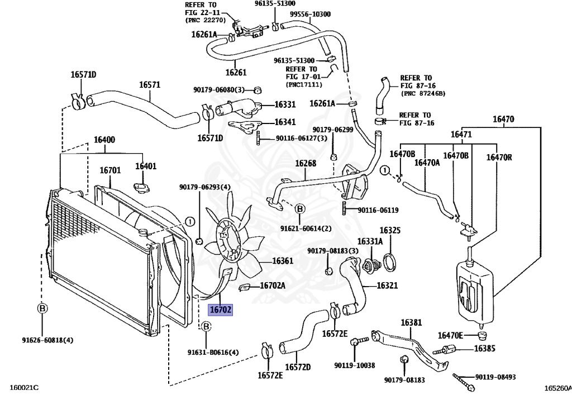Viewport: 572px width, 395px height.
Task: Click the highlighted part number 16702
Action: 220,310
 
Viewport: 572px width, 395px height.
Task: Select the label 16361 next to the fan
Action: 283,261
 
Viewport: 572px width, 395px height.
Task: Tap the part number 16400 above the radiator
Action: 104,140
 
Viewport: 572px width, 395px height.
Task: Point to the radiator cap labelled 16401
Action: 140,188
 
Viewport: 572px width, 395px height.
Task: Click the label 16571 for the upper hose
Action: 150,85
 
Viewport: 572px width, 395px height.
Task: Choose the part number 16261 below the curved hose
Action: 236,72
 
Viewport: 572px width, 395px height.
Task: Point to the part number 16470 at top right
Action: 503,119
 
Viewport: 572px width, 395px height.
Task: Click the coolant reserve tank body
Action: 474,292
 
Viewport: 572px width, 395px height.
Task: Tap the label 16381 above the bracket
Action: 411,323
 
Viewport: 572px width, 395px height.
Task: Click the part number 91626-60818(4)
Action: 47,340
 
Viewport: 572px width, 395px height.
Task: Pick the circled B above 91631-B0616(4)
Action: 206,326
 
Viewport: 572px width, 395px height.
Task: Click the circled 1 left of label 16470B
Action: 384,170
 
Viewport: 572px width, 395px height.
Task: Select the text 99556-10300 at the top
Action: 310,14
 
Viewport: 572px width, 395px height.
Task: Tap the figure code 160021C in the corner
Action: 23,387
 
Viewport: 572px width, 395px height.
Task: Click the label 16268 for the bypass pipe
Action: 306,163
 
